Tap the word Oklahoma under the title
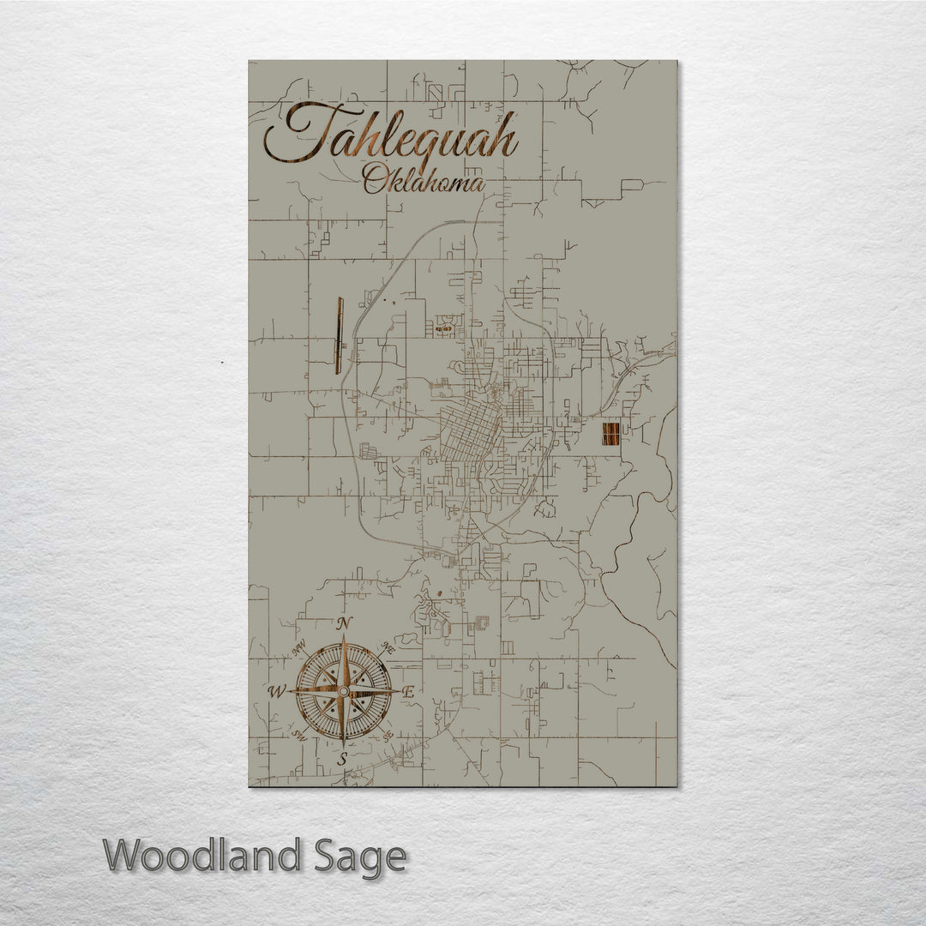pos(422,180)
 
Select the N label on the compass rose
pos(345,622)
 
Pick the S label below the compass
pos(343,758)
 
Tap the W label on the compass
pos(276,691)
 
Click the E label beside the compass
pos(409,691)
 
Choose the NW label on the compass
pos(299,651)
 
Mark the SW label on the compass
pos(300,733)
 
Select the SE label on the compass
pos(388,735)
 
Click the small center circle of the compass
pos(344,691)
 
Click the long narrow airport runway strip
pos(340,335)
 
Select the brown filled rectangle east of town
pos(610,434)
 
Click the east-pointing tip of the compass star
pos(396,691)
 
